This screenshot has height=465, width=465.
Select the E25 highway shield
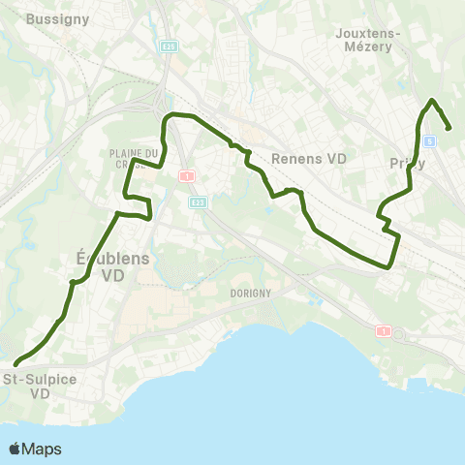click(170, 46)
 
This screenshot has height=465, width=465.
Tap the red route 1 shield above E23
click(187, 176)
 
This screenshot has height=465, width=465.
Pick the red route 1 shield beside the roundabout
click(385, 331)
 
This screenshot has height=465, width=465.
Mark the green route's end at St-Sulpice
click(15, 364)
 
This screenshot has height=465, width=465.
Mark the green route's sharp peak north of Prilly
click(432, 101)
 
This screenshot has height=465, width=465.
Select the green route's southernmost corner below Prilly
click(390, 265)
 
